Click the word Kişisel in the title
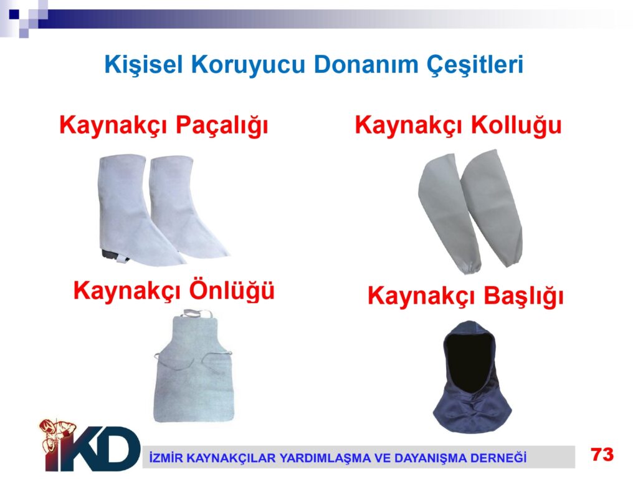tap(144, 65)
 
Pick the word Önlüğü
tap(232, 291)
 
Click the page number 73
tap(602, 454)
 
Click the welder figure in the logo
tap(57, 436)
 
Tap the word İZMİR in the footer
tap(164, 457)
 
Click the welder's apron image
tap(194, 367)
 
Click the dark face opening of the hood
tap(468, 360)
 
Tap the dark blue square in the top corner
tap(14, 14)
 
